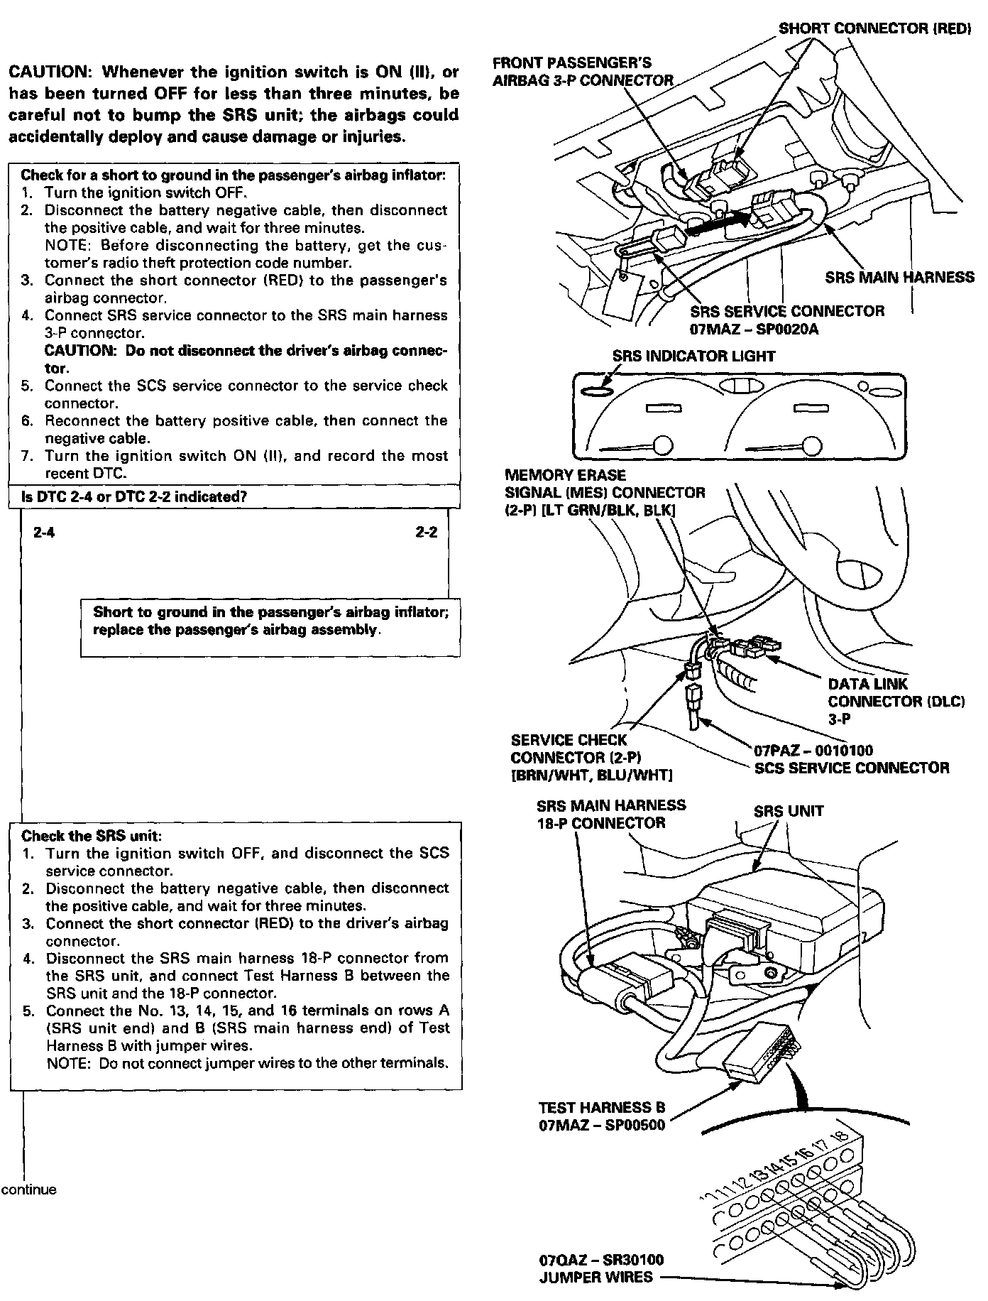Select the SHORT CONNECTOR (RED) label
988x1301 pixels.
point(874,28)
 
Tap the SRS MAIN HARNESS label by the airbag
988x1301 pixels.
point(899,277)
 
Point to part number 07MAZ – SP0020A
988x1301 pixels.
point(754,330)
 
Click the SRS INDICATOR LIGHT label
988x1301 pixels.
point(693,356)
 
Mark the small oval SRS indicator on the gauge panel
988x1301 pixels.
point(595,391)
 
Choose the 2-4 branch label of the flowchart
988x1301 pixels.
point(44,533)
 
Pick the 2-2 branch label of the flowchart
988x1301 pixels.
point(427,533)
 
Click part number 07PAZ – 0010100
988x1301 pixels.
point(813,750)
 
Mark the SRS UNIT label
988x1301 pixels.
point(788,811)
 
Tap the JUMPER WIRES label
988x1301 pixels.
point(595,1277)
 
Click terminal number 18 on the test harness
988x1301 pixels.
point(842,1136)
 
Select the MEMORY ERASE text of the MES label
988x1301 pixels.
point(565,474)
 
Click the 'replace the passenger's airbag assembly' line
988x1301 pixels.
point(236,630)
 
